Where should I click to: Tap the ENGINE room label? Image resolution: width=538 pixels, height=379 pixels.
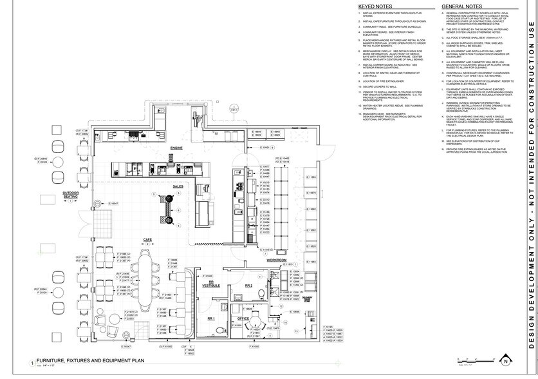(x=177, y=148)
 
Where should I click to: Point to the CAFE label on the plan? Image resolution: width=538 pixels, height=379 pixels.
(x=147, y=240)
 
